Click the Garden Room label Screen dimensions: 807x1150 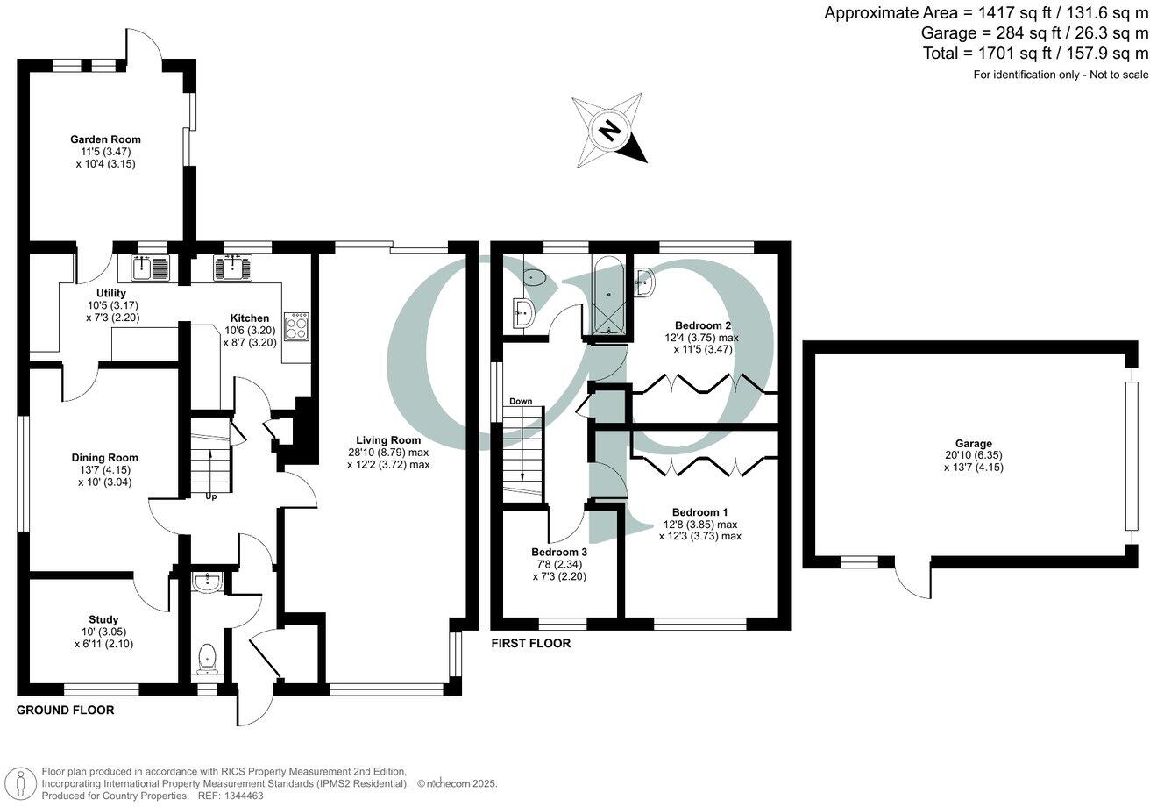105,139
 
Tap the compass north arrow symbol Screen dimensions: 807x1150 610,131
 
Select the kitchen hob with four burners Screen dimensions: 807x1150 296,326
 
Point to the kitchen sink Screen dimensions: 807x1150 232,267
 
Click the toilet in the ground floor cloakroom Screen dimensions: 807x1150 207,658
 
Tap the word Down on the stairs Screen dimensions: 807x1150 521,401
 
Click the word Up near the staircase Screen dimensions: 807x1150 210,496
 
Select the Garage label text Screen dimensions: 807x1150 974,444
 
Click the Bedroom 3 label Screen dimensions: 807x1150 559,552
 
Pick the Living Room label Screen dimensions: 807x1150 388,440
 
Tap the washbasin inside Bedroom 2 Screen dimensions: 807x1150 643,282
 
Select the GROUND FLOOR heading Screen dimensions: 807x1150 66,710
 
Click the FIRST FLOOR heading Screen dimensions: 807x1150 530,643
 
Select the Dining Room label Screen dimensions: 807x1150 104,457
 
